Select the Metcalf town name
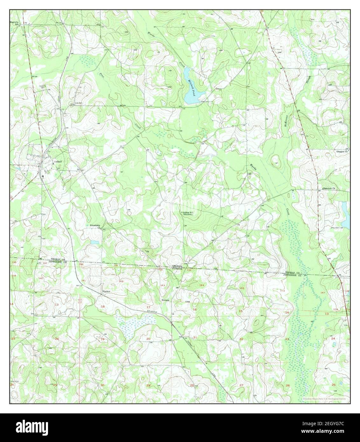[58, 162]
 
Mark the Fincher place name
[106, 291]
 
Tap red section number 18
[102, 306]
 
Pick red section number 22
[241, 339]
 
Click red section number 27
[241, 385]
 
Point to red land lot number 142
[121, 281]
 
